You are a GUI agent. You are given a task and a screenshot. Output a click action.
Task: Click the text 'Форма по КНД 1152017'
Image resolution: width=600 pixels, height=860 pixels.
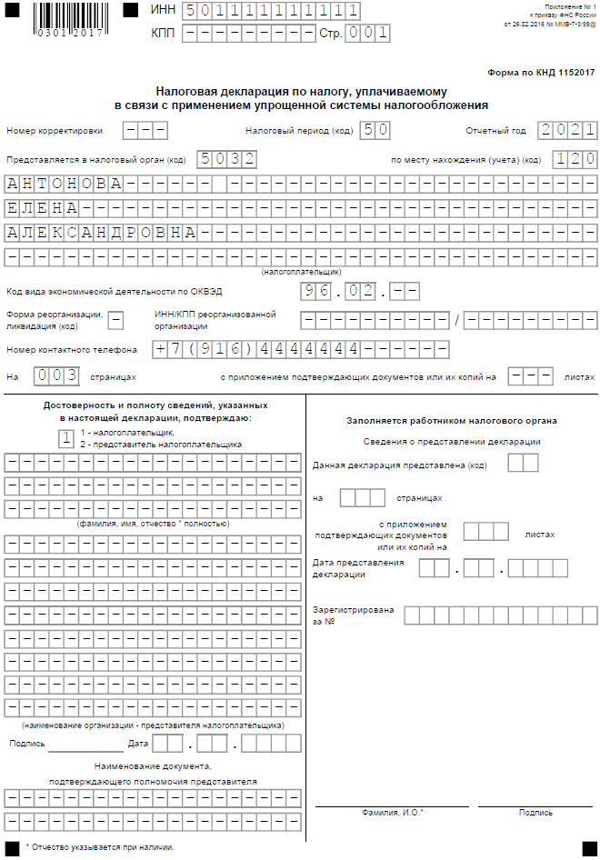point(542,70)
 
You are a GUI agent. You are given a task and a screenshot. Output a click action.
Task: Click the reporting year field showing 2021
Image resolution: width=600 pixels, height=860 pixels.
point(566,130)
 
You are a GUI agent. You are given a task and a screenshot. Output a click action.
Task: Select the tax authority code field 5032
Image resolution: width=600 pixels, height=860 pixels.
point(225,159)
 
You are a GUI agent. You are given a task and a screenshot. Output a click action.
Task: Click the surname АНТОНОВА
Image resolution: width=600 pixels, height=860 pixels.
point(64,184)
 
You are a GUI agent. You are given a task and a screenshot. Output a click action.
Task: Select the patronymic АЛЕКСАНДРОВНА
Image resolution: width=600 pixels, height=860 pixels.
point(101,231)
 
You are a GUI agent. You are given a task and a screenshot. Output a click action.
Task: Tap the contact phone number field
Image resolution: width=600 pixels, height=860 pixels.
point(301,348)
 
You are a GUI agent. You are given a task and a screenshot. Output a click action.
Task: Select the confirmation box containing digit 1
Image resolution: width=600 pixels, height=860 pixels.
point(65,438)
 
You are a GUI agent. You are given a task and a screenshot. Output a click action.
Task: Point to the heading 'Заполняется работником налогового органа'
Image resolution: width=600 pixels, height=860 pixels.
point(452,421)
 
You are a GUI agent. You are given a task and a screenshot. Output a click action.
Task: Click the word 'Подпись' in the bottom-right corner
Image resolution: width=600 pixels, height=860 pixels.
point(535,813)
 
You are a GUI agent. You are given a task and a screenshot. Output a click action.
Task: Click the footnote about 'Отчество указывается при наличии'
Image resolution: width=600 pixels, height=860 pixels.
point(100,846)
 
